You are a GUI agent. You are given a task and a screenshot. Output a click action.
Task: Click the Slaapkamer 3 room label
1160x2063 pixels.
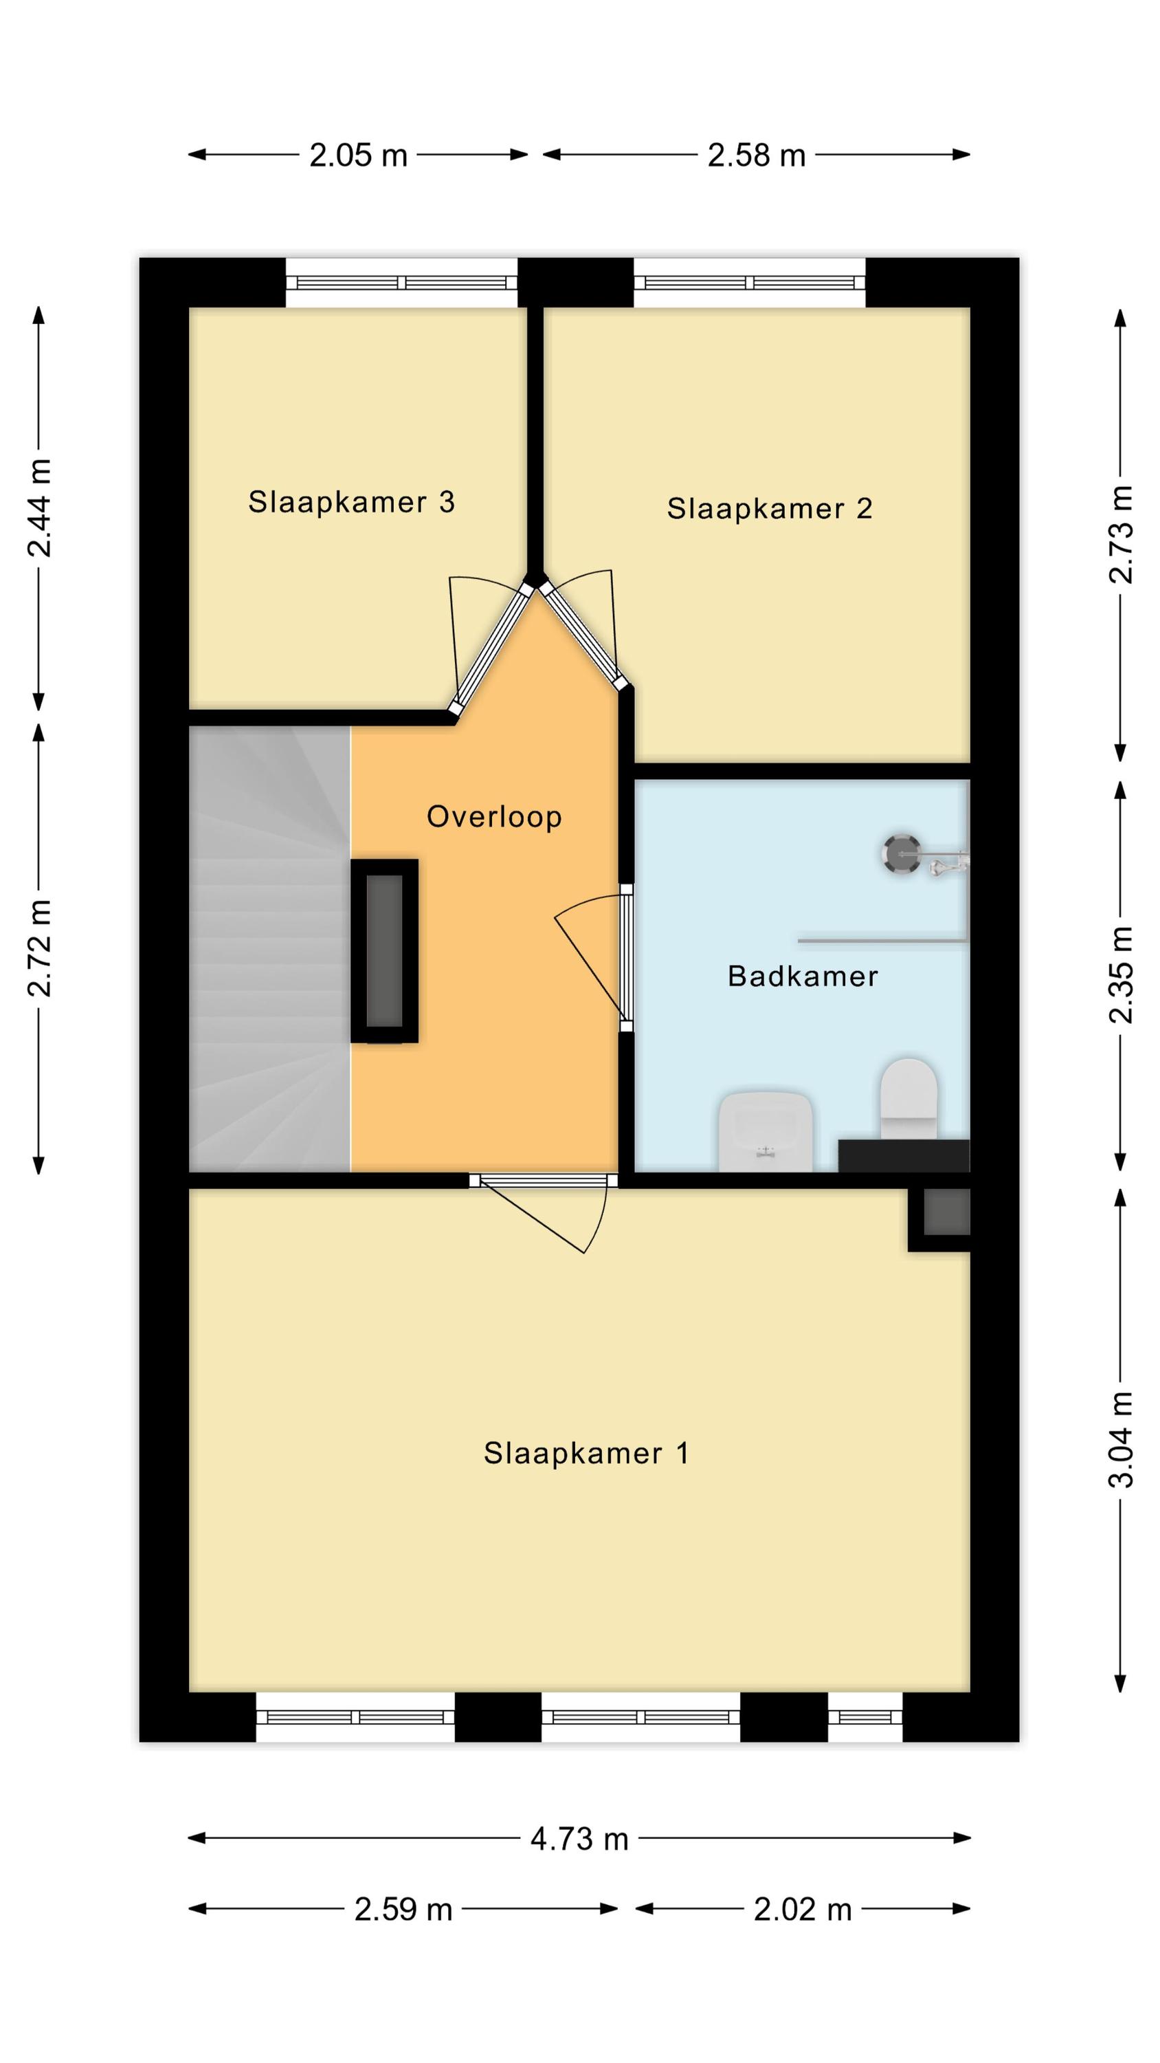click(x=351, y=502)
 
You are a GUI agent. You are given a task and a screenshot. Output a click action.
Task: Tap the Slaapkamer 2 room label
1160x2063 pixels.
click(x=770, y=509)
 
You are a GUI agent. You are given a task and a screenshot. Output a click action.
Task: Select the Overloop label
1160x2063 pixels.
click(x=494, y=817)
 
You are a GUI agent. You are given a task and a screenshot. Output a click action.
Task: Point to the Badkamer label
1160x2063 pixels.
click(x=803, y=976)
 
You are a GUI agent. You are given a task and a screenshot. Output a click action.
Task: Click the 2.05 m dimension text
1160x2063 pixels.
click(x=359, y=155)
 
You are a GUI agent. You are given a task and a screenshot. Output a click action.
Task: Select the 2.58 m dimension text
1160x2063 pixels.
click(x=757, y=155)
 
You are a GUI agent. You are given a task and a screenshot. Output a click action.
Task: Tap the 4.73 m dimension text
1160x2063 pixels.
click(x=579, y=1840)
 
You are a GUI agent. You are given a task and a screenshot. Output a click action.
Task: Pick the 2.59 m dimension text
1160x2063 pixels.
click(x=403, y=1910)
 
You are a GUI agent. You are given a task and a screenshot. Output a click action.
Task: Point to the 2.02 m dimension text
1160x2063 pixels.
click(x=802, y=1910)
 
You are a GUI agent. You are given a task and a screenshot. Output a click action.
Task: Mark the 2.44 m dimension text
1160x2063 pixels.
click(x=39, y=507)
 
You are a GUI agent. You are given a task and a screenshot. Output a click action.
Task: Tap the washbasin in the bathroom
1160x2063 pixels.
click(x=766, y=1130)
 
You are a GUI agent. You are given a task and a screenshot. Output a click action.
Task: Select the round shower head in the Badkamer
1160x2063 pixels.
click(x=902, y=853)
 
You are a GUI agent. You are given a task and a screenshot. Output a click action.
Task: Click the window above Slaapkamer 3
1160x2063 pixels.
click(x=402, y=283)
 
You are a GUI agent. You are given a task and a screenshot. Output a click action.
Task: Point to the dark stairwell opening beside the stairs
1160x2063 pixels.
click(x=384, y=950)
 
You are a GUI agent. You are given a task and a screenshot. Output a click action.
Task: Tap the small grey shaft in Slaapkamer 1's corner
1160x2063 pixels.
click(x=947, y=1212)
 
